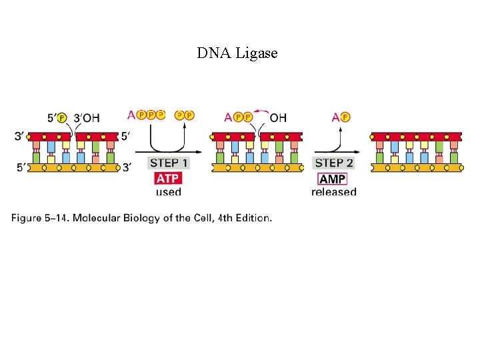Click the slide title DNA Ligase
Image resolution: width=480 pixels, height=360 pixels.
[237, 53]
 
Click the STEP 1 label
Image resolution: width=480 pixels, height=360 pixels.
[169, 163]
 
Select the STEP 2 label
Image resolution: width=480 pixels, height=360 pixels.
[334, 163]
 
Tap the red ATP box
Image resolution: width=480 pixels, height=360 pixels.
[168, 179]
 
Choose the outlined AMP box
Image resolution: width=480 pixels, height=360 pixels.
[333, 179]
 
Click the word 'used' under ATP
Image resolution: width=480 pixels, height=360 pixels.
[168, 193]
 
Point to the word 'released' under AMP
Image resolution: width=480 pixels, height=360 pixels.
[333, 193]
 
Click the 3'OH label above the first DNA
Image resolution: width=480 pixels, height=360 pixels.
[86, 118]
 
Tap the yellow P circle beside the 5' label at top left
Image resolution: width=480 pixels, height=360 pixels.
[62, 118]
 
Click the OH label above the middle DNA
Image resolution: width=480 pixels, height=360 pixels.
[279, 117]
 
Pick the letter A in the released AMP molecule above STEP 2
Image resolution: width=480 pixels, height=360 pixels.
[335, 117]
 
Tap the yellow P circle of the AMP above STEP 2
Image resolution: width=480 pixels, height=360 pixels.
[345, 117]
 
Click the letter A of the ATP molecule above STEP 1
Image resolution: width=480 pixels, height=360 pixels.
[131, 115]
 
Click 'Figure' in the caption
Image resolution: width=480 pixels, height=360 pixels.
[27, 218]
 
